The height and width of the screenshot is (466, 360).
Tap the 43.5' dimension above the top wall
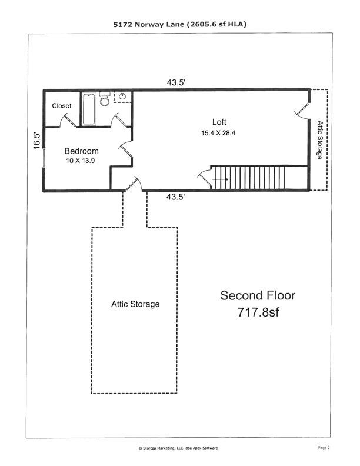click(176, 83)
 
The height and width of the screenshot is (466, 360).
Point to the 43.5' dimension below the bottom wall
click(176, 198)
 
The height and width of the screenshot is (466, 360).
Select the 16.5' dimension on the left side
click(36, 140)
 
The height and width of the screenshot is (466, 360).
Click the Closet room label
click(62, 106)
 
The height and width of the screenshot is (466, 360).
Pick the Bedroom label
click(81, 151)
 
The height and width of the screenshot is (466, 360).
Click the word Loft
click(219, 122)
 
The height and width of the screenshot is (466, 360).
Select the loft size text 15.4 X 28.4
click(219, 133)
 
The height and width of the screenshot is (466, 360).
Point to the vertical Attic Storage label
click(319, 140)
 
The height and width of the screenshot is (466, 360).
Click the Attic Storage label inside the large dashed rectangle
click(135, 304)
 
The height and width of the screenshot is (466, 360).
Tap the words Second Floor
click(258, 295)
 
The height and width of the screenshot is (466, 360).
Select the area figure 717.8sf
click(258, 312)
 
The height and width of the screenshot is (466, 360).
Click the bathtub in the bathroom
click(89, 109)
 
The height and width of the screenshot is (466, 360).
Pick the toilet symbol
click(105, 99)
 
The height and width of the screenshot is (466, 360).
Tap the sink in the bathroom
click(123, 97)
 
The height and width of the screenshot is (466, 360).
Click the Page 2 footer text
click(324, 448)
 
